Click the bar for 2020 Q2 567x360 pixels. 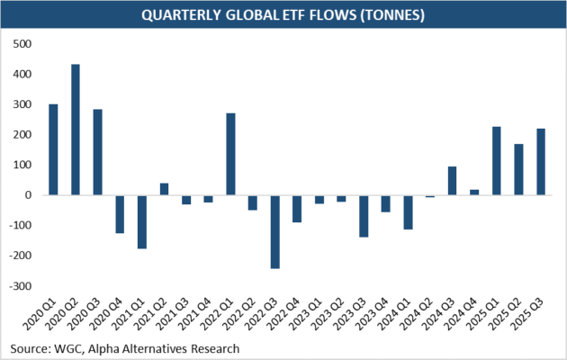coord(76,130)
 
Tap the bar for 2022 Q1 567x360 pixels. coord(230,154)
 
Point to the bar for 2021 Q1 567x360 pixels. coord(141,221)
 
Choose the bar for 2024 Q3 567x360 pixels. coord(452,180)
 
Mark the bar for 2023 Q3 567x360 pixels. coord(364,215)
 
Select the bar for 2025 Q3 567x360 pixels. coord(540,161)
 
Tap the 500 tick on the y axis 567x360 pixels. coord(23,43)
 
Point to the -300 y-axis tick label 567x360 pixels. coord(21,285)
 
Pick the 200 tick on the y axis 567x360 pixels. coord(23,134)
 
